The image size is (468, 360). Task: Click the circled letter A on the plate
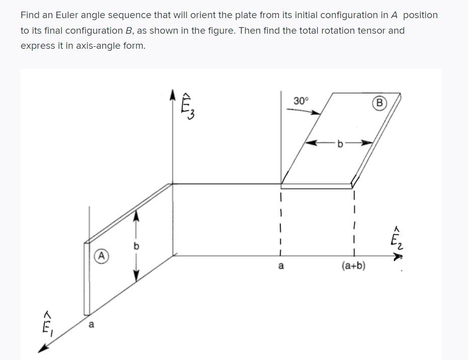pos(101,255)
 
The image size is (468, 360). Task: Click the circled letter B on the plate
pos(379,103)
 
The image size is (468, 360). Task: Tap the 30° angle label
pos(300,101)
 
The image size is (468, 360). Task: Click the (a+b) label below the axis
pos(353,265)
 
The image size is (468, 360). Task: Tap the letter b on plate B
pos(340,144)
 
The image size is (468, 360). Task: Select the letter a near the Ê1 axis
pos(91,325)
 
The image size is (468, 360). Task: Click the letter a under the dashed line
pos(281,265)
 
